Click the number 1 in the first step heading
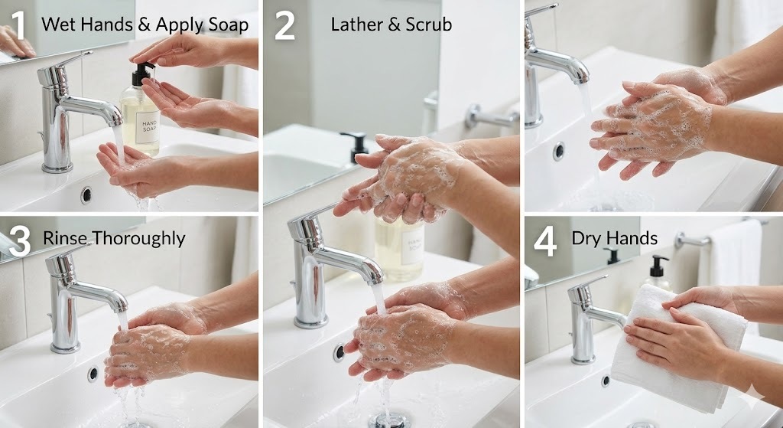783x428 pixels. pos(18,25)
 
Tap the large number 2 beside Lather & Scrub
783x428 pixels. pos(284,25)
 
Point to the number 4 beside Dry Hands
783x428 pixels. pos(544,242)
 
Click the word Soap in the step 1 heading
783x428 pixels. pos(227,25)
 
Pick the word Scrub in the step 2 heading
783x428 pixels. pos(428,24)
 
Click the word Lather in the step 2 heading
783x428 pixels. pos(357,24)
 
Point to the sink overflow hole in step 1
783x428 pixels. pos(86,195)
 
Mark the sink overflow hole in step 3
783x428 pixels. pos(93,374)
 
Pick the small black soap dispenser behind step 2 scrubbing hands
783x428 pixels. pos(356,145)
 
